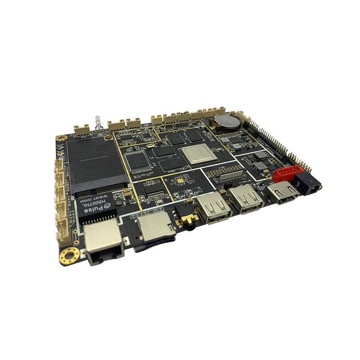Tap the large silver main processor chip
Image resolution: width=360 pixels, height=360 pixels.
pos(197,154)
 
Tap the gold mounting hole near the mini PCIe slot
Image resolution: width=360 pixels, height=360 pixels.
pos(61,139)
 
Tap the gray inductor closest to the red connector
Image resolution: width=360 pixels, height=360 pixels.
pos(262,166)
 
